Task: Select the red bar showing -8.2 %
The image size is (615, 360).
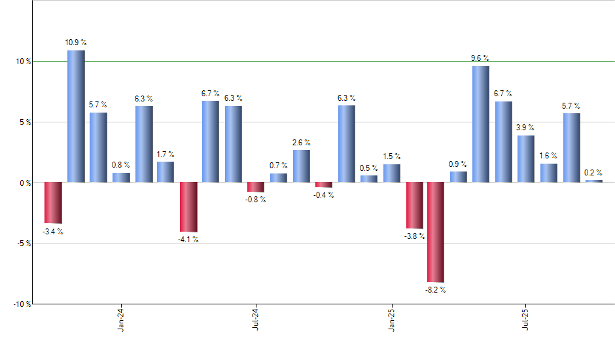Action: click(436, 232)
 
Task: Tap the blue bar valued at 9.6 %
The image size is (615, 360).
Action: click(481, 124)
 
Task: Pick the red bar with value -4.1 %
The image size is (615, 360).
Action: click(188, 207)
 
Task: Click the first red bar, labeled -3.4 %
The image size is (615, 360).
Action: click(53, 203)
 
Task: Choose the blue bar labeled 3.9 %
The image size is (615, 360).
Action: click(525, 159)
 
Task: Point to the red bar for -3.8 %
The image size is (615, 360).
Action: click(414, 206)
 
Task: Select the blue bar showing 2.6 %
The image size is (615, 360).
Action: click(302, 166)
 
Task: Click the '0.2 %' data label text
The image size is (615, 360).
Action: click(593, 173)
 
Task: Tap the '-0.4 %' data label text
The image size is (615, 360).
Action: click(323, 195)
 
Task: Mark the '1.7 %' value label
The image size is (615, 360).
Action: click(166, 154)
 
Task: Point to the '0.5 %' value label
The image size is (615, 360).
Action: click(369, 168)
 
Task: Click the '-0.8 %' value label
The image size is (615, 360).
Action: click(256, 200)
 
